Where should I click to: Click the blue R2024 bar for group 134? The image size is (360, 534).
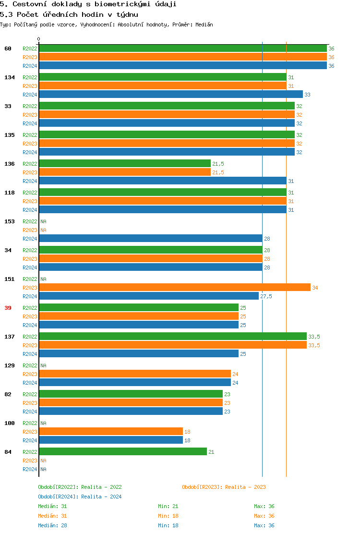coord(171,95)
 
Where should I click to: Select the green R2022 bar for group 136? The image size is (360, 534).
coord(125,164)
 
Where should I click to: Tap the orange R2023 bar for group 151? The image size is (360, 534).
coord(175,288)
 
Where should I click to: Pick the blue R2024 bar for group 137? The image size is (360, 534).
coord(139,354)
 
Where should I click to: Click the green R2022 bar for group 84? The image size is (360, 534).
coord(123,452)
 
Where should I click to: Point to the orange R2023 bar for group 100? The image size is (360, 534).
coord(111,432)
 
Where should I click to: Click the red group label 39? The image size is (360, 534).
coord(8,308)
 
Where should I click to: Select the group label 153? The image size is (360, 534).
coord(10,221)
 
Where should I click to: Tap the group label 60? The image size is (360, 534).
coord(8,49)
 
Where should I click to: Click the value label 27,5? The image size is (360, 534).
coord(266,296)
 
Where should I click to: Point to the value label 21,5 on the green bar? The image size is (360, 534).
coord(218,164)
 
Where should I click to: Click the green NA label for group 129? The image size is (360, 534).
coord(43,365)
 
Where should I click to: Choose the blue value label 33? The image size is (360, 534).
coord(307,95)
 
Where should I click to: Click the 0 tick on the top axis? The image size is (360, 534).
coord(39,39)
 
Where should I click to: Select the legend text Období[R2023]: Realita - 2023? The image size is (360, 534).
coord(224,487)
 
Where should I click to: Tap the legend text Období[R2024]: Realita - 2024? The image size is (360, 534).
coord(80,497)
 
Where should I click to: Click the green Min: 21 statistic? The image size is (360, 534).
coord(168,506)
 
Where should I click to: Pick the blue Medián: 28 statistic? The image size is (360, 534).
coord(52,525)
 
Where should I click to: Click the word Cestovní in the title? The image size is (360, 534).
coord(29,4)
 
